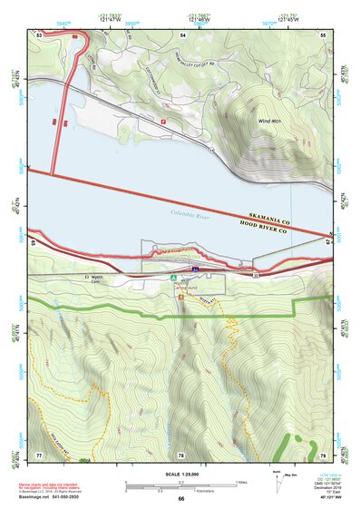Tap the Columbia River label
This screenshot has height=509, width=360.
193,213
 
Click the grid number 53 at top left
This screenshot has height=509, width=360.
39,34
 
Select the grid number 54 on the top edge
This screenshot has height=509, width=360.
183,34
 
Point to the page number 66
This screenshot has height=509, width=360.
180,498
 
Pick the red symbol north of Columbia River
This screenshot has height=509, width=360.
163,120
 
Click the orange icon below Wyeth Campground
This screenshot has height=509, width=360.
182,296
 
